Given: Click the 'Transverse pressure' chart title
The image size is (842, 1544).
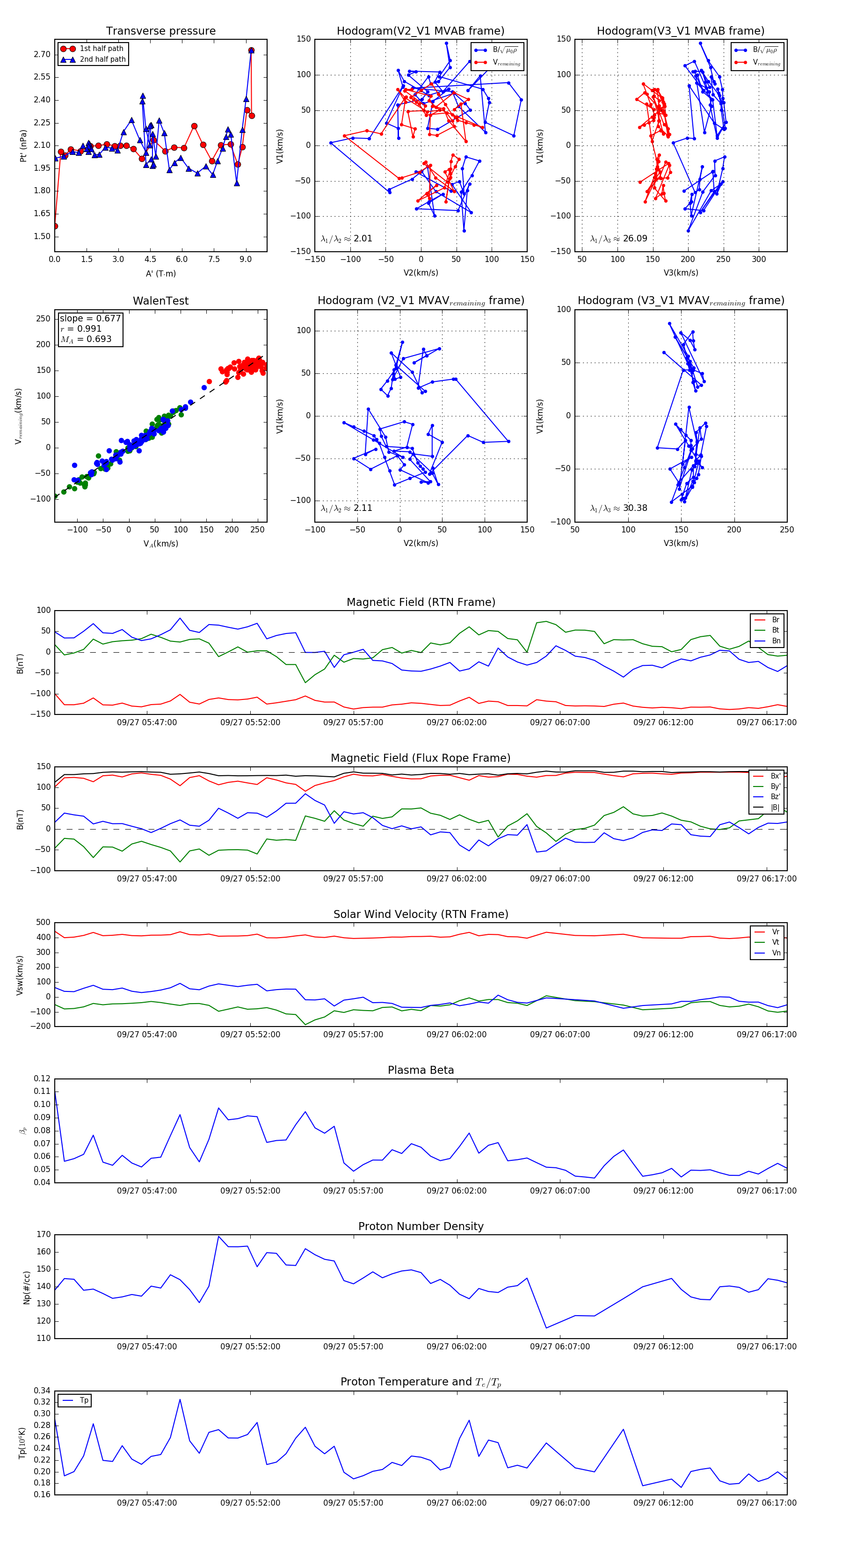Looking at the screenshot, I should coord(160,31).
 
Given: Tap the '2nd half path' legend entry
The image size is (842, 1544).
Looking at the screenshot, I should coord(102,59).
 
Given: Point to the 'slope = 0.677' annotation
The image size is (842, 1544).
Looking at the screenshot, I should coord(90,318).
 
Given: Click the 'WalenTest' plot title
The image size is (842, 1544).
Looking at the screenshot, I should coord(160,301).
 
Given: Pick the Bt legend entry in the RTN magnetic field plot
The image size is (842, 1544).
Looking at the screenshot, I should coord(775,630).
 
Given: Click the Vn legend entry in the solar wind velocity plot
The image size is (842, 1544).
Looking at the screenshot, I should coord(776,953).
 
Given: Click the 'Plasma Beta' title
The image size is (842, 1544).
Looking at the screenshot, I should coord(421,1070).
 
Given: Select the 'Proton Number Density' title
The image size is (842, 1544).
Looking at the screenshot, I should coord(421,1226).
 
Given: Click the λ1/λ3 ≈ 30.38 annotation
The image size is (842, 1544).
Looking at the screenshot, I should coord(618,508).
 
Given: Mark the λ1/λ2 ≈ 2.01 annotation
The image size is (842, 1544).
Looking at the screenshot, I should coord(346,239).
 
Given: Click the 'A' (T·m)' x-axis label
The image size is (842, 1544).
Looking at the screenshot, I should coord(160,273).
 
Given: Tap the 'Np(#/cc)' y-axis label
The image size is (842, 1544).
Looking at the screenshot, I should coord(26,1288).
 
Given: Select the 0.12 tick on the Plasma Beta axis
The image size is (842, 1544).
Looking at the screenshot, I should coord(42,1078).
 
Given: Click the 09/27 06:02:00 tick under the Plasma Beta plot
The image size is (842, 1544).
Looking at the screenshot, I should coord(456,1190).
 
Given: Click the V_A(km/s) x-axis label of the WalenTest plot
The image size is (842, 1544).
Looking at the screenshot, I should coord(160,544).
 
